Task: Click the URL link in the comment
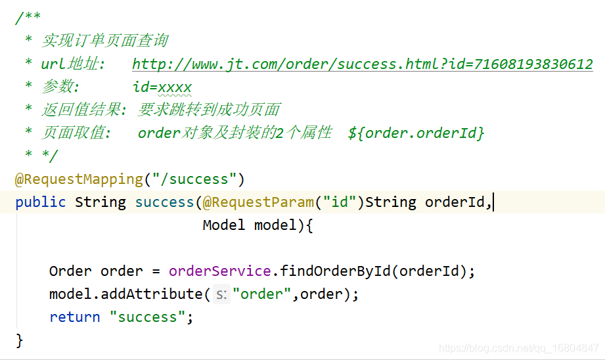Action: pos(362,64)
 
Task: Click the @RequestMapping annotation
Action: pos(79,179)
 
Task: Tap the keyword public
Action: pos(41,202)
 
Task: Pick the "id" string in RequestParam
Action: pos(340,202)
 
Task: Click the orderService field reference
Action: pos(219,271)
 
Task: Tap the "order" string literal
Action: pos(261,294)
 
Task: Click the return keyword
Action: pos(74,317)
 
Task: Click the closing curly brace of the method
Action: pos(20,340)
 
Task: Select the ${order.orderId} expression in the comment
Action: pos(416,133)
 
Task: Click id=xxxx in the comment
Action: pos(162,87)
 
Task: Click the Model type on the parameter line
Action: pos(224,225)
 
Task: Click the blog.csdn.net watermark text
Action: pos(518,348)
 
